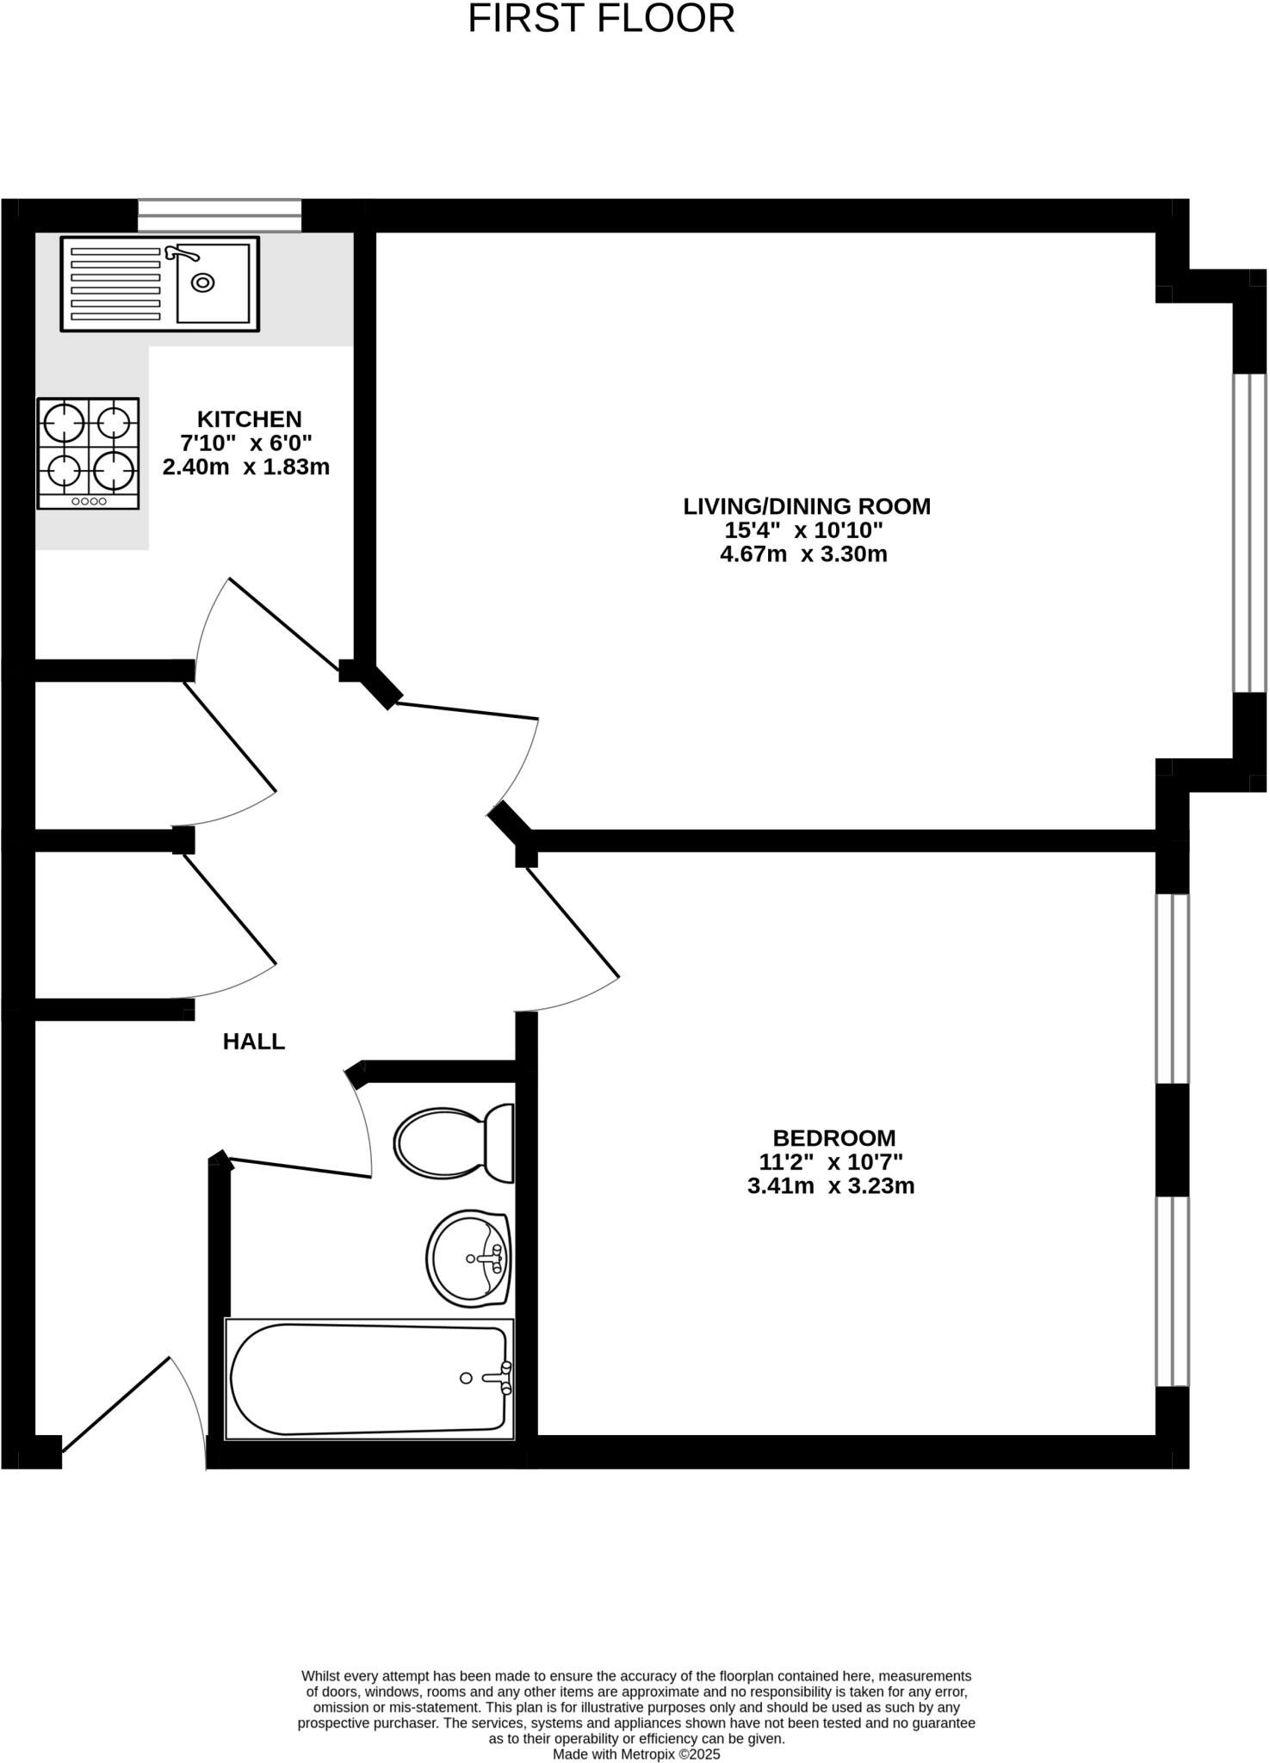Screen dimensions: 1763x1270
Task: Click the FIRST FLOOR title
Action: (601, 19)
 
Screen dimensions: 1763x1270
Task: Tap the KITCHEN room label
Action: (250, 419)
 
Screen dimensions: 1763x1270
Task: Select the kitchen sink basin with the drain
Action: (212, 283)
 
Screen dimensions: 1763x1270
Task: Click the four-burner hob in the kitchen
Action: (88, 453)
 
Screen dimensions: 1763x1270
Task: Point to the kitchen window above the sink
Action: (220, 215)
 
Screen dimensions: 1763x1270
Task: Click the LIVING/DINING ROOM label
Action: (807, 506)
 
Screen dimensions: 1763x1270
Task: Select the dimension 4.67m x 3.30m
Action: (803, 554)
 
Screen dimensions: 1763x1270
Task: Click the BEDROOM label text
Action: (833, 1138)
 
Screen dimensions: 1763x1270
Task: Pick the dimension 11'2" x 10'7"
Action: (830, 1162)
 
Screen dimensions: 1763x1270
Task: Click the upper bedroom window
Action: (1172, 988)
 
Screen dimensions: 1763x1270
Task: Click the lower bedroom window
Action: (1172, 1291)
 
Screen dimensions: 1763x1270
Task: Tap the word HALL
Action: (254, 1042)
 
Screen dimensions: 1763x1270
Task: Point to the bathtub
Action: (369, 1379)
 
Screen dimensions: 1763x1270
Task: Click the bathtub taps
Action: (503, 1377)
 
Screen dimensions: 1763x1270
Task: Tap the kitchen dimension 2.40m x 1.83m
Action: (246, 467)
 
